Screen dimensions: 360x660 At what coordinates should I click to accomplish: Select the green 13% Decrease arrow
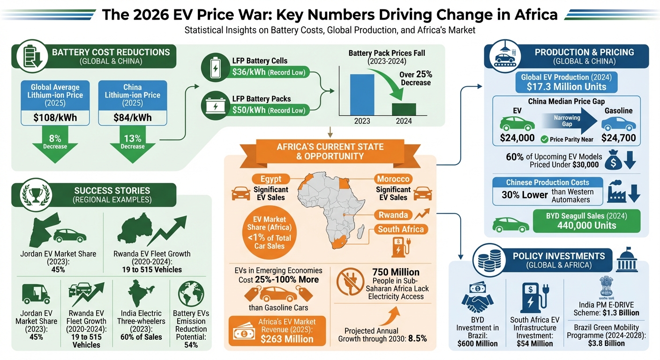pyautogui.click(x=133, y=146)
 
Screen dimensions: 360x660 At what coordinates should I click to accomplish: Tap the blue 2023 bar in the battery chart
pyautogui.click(x=362, y=94)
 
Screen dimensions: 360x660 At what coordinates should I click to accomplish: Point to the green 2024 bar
pyautogui.click(x=404, y=109)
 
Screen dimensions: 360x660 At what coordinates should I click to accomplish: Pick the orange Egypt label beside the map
pyautogui.click(x=271, y=179)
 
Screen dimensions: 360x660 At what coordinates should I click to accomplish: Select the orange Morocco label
pyautogui.click(x=393, y=179)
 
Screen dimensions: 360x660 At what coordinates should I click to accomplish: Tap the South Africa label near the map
pyautogui.click(x=401, y=229)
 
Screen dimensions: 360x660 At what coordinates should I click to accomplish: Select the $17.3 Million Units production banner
pyautogui.click(x=566, y=87)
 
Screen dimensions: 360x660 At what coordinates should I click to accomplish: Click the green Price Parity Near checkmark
pyautogui.click(x=544, y=139)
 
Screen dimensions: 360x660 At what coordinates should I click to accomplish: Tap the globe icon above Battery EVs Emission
pyautogui.click(x=191, y=293)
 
